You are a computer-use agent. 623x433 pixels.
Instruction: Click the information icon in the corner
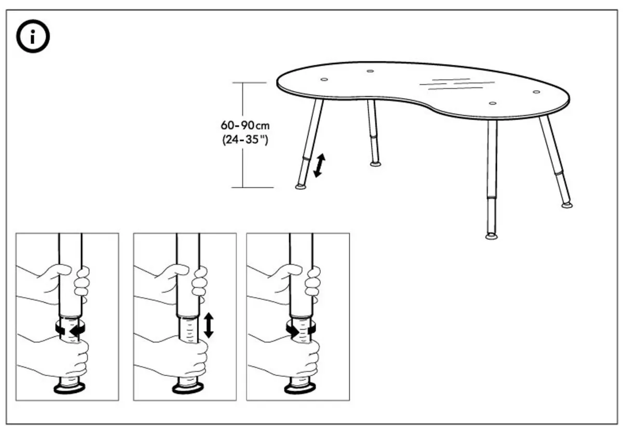(33, 36)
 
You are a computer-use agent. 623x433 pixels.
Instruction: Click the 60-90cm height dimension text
(246, 126)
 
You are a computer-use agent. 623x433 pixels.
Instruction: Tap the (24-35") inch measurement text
(246, 139)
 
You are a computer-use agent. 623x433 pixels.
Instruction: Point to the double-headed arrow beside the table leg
(319, 165)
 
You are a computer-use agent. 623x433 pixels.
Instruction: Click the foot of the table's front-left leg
(301, 186)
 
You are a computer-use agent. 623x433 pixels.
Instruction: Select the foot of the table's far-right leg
(567, 205)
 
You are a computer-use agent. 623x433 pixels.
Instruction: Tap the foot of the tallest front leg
(491, 237)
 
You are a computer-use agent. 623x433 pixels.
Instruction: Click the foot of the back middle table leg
(375, 164)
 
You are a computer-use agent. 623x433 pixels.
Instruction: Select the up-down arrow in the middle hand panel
(209, 325)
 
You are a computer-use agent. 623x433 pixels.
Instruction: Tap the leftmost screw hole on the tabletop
(324, 80)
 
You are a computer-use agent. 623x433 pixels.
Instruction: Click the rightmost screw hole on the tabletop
(536, 92)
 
